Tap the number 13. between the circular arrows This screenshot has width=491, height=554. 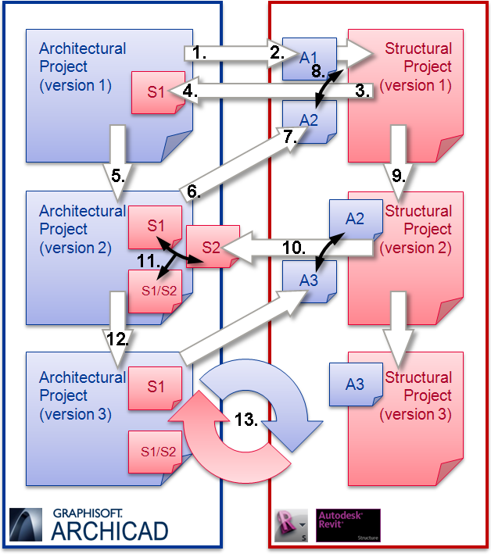246,420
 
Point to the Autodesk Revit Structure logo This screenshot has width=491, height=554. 348,525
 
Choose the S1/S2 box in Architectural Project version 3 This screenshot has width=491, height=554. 155,451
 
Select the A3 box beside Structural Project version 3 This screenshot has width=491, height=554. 355,384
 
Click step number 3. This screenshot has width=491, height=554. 362,90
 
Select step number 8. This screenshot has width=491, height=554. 317,71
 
